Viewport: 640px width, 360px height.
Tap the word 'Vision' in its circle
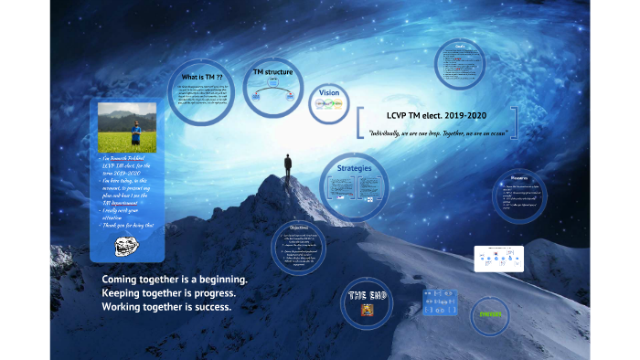tap(329, 92)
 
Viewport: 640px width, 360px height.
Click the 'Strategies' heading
tap(355, 169)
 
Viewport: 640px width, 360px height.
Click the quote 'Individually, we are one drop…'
tap(437, 134)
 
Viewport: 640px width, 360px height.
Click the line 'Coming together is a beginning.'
tap(175, 279)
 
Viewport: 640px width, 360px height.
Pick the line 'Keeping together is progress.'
tap(169, 292)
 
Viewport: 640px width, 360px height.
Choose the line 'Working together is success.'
tap(166, 307)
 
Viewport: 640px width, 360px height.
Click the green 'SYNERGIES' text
tap(490, 315)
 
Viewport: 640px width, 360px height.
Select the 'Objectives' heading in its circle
tap(298, 228)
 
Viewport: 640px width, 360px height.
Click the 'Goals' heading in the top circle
tap(461, 47)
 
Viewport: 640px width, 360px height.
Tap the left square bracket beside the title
tap(360, 124)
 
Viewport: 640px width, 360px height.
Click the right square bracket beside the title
tap(515, 124)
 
